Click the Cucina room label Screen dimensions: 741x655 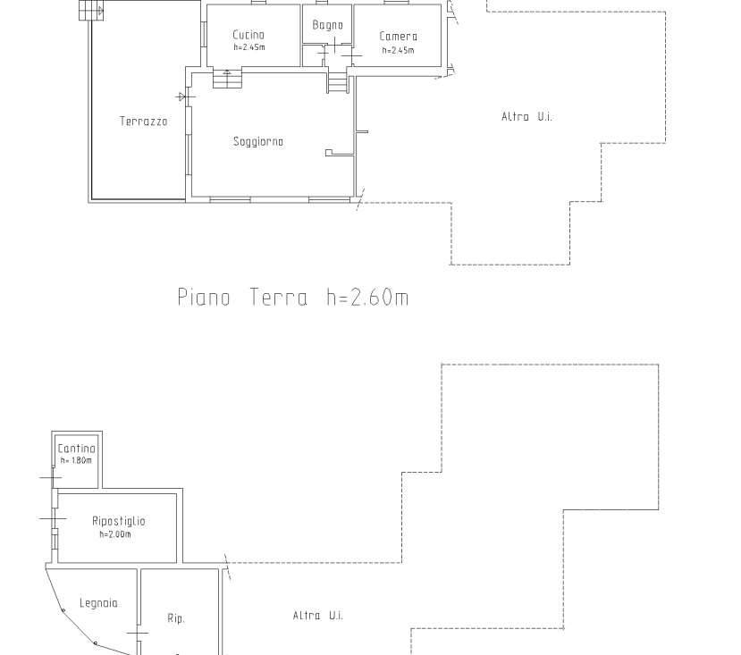tap(248, 35)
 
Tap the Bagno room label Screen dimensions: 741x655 tap(327, 25)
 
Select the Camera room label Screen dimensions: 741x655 tap(399, 37)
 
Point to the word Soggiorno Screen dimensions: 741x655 tap(258, 142)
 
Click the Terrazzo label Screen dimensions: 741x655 tap(144, 122)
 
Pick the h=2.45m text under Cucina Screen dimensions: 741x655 tap(249, 47)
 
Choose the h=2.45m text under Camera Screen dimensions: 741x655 tap(399, 50)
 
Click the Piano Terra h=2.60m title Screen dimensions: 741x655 tap(293, 298)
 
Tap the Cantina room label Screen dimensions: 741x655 tap(77, 449)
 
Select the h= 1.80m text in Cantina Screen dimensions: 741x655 tap(76, 460)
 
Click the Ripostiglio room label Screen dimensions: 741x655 tap(119, 521)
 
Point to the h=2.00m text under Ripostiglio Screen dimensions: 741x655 tap(115, 534)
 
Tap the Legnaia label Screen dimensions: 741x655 tap(98, 603)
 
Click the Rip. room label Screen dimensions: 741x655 tap(176, 618)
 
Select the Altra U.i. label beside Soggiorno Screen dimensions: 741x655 tap(526, 117)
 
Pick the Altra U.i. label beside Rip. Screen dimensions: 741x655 tap(318, 616)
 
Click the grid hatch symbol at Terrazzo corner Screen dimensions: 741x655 tap(91, 11)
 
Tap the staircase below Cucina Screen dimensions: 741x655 tap(227, 78)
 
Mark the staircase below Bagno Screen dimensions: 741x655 tap(337, 82)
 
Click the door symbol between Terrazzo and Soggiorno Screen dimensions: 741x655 tap(185, 97)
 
